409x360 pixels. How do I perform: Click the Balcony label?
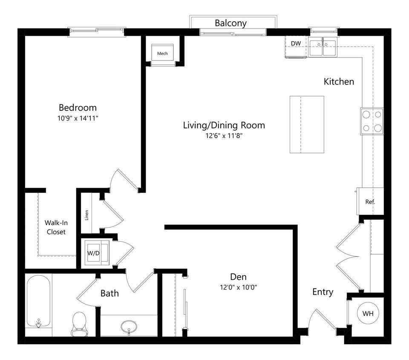coord(230,23)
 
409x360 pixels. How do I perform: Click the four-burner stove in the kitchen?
coord(372,121)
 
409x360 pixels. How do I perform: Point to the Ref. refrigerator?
coord(370,202)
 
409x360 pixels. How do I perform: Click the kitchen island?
coord(306,124)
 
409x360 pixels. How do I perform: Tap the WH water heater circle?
coord(368,314)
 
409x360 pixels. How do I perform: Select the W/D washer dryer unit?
coord(94,253)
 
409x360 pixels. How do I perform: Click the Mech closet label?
coord(162,54)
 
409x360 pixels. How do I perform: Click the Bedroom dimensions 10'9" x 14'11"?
coord(78,119)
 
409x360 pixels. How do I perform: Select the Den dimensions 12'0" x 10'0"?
coord(238,287)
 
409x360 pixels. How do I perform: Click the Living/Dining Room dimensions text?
coord(224,136)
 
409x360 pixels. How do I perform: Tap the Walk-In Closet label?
coord(56,227)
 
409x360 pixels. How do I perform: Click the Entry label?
coord(323,292)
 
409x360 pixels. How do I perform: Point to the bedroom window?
coord(97,32)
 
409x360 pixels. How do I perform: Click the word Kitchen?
coord(339,81)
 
